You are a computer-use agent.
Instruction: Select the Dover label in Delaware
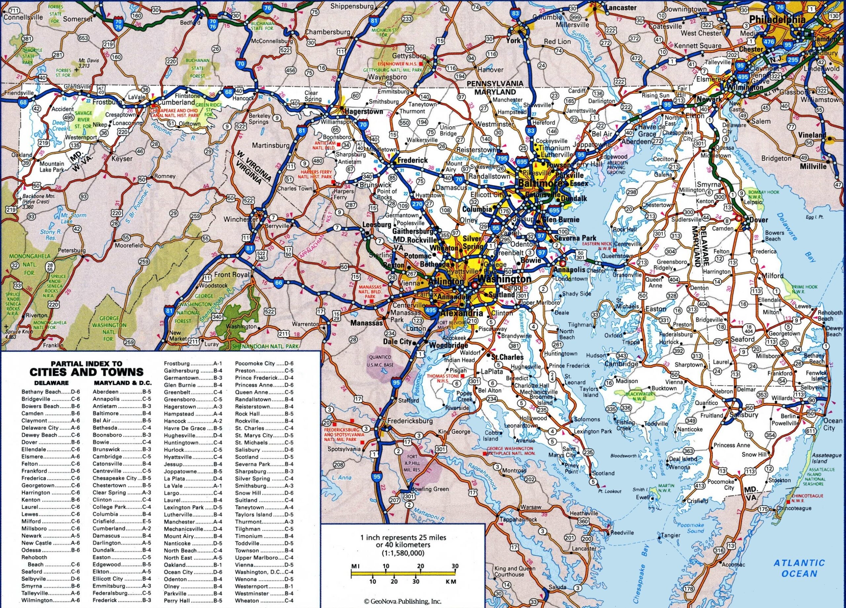(x=758, y=220)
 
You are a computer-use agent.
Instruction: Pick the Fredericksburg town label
(x=410, y=421)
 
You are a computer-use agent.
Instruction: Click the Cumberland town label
(x=176, y=102)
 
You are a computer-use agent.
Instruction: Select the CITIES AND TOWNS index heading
(x=86, y=372)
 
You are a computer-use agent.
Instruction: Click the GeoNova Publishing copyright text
(x=403, y=601)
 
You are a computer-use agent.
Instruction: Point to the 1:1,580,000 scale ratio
(x=403, y=553)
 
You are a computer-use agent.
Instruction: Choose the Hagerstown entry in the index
(x=180, y=406)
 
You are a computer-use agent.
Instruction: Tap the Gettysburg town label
(x=409, y=55)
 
